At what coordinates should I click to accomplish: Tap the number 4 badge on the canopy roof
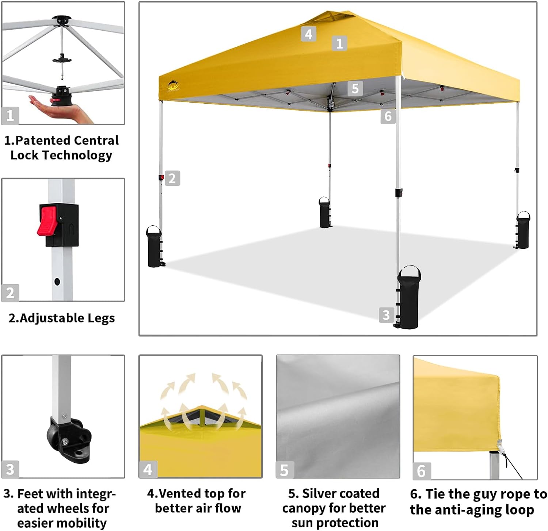click(x=308, y=34)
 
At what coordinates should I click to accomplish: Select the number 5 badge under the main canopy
click(x=355, y=88)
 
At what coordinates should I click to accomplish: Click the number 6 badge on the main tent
click(x=388, y=116)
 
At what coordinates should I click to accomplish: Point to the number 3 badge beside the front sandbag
click(x=386, y=315)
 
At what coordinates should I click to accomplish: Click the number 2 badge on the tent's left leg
click(x=172, y=178)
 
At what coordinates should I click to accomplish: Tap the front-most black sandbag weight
click(x=409, y=298)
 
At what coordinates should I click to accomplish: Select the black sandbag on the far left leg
click(x=154, y=247)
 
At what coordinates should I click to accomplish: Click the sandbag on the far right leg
click(x=523, y=231)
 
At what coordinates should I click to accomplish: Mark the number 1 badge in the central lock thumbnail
click(x=10, y=116)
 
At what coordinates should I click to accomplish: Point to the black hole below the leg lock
click(x=57, y=282)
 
